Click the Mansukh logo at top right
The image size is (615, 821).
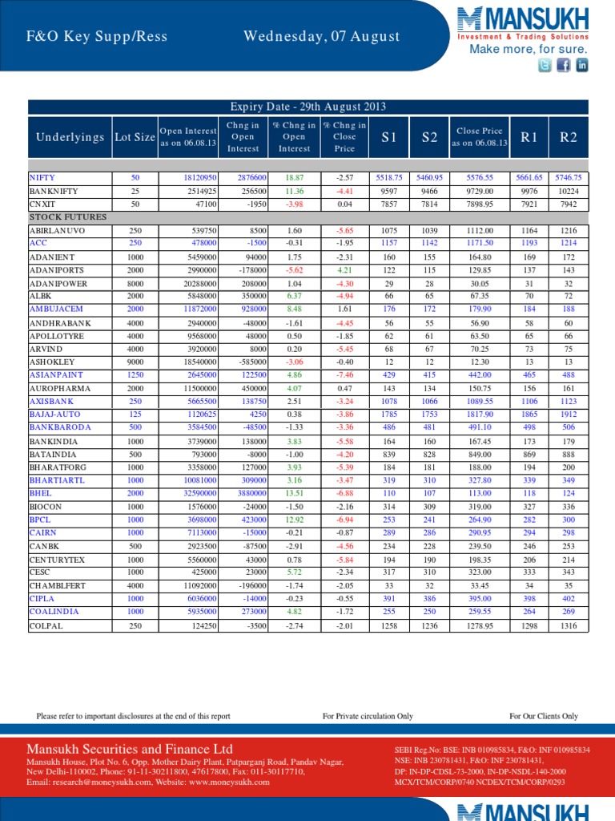coord(522,23)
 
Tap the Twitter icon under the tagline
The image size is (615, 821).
coord(545,66)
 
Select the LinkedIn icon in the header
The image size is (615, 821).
coord(582,66)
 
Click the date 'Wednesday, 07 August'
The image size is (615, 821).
coord(322,36)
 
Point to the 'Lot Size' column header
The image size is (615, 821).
coord(135,137)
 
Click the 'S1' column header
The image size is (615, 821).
coord(389,137)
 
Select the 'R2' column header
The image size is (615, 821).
coord(569,137)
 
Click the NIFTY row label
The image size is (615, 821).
coord(43,177)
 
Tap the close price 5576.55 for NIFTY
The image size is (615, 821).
coord(480,177)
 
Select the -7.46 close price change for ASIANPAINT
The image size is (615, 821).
coord(344,374)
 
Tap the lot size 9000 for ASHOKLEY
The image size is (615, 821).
coord(135,362)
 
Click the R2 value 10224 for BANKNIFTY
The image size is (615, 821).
coord(569,191)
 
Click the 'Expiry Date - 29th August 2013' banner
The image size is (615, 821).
coord(308,107)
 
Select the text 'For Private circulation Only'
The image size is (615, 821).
coord(368,716)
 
